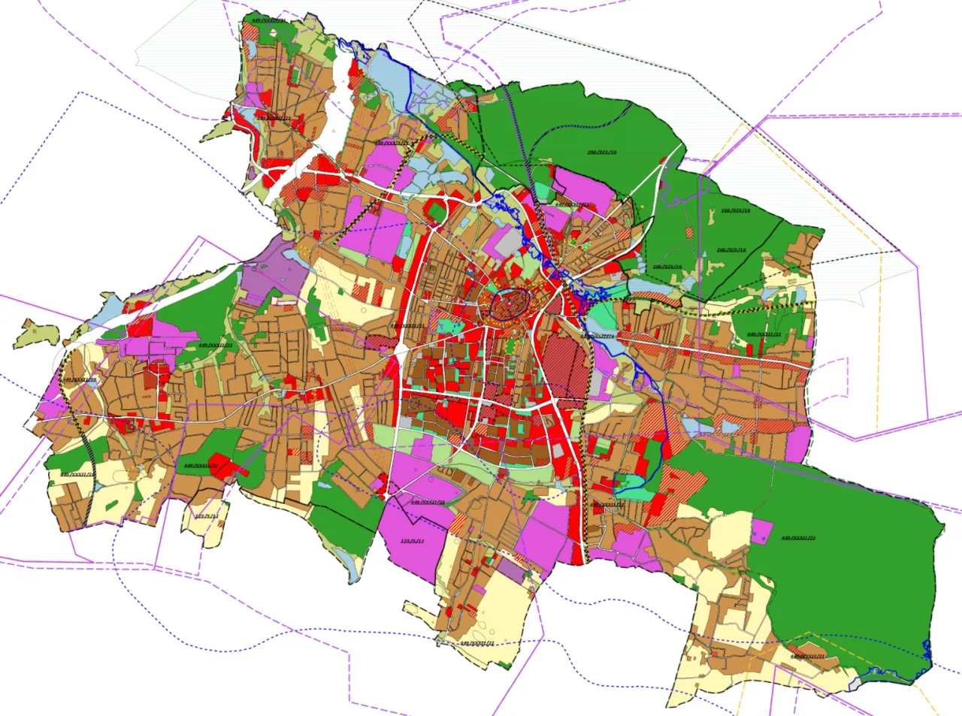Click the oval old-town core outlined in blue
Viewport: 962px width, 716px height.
coord(510,304)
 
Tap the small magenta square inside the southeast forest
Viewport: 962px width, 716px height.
coord(762,532)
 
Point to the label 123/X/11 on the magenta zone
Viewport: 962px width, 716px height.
coord(412,541)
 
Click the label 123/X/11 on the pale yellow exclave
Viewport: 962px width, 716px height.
coord(206,517)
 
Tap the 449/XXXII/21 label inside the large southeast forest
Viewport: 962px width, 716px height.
coord(798,538)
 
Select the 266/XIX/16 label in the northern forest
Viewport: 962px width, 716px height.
coord(601,153)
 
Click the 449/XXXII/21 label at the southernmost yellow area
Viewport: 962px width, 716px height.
coord(476,643)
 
